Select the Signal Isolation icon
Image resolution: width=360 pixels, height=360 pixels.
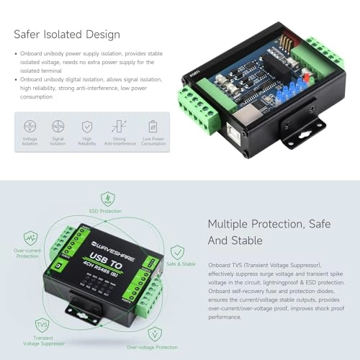[x=58, y=126]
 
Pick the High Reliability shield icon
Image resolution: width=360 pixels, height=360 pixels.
[x=86, y=126]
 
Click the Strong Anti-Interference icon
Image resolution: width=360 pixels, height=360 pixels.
[x=119, y=126]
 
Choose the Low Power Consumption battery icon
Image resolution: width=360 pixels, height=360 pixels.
[x=152, y=126]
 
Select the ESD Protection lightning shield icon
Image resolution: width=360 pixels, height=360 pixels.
[x=107, y=199]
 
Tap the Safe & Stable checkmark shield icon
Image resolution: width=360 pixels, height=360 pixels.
[x=177, y=251]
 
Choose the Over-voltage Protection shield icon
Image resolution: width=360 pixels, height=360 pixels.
[x=152, y=333]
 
